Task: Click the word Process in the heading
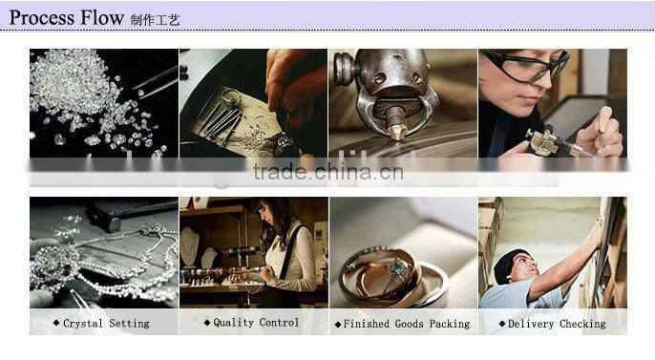coord(42,18)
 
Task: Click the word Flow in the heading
coord(101,17)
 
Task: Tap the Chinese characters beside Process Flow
coord(155,20)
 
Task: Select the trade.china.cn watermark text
coord(328,172)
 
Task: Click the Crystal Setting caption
coord(106,324)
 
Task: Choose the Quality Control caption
coord(256,323)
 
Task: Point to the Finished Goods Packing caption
coord(407,324)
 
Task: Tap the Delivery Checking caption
coord(557,324)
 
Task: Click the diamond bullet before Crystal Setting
coord(56,323)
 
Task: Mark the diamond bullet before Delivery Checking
coord(502,324)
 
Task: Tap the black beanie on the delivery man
coord(508,264)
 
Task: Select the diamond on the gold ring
coord(394,266)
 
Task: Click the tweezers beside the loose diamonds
coord(156,83)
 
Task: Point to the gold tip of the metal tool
coord(396,132)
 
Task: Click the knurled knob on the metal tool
coord(344,70)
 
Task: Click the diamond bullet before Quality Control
coord(207,323)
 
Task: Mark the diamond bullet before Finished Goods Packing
coord(338,325)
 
